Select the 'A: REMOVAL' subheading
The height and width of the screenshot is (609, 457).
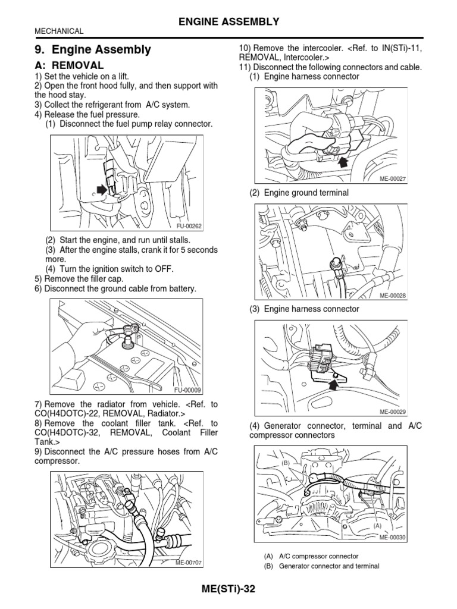(x=69, y=65)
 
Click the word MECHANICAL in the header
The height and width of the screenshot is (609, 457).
(x=59, y=31)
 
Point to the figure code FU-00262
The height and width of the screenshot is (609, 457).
(x=189, y=226)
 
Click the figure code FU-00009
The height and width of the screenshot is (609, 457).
(x=189, y=390)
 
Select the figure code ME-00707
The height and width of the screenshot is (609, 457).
(x=189, y=563)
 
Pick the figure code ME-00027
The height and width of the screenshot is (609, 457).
(x=392, y=178)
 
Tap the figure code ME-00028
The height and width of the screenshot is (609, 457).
(x=392, y=296)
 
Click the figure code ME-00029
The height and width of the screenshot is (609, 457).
(x=392, y=411)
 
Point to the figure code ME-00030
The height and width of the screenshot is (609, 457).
(x=392, y=536)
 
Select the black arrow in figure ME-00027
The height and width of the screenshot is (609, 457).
(x=342, y=161)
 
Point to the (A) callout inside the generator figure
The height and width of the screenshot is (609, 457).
(x=377, y=526)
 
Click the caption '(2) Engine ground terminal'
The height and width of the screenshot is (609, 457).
(x=299, y=193)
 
